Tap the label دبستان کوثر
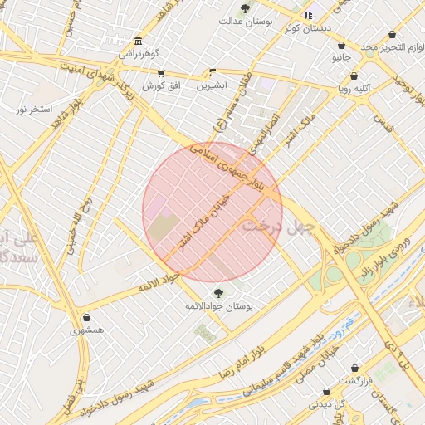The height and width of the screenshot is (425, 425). pyautogui.click(x=306, y=27)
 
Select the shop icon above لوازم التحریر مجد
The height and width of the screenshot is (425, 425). pyautogui.click(x=391, y=35)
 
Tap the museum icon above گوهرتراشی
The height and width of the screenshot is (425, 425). pyautogui.click(x=137, y=41)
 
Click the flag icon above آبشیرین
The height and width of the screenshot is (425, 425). pyautogui.click(x=212, y=72)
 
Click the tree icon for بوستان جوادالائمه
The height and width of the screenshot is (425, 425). pyautogui.click(x=219, y=292)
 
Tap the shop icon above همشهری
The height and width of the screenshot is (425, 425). pyautogui.click(x=86, y=317)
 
